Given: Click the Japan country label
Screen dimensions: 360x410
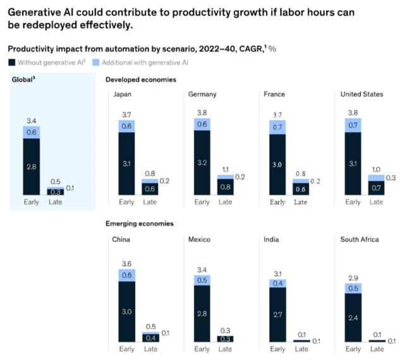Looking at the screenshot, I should point(123,94).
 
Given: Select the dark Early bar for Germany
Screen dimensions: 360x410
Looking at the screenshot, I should point(202,162).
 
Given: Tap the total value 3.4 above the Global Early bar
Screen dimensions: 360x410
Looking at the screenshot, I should point(31,120).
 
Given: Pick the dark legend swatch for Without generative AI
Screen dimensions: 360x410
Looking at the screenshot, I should point(12,62).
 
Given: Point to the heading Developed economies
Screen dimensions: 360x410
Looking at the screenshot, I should point(140,80).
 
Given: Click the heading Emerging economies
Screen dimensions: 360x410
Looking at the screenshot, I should point(139,224).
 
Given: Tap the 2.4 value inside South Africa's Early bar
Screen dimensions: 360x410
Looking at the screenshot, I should point(353,318).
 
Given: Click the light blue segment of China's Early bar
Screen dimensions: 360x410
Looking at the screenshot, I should point(126,275).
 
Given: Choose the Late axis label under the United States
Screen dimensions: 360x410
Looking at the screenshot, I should point(376,202).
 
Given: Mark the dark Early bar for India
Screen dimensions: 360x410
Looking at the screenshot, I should point(278,314).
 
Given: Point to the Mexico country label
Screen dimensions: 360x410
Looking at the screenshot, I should point(199,240).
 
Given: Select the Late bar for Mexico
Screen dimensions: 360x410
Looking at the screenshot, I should point(225,339).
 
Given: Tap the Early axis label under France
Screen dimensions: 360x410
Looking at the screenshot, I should point(278,202).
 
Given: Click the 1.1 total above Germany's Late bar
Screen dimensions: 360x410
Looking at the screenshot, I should point(225,170).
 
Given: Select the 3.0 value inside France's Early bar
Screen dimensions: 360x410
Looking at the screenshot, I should point(278,164).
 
